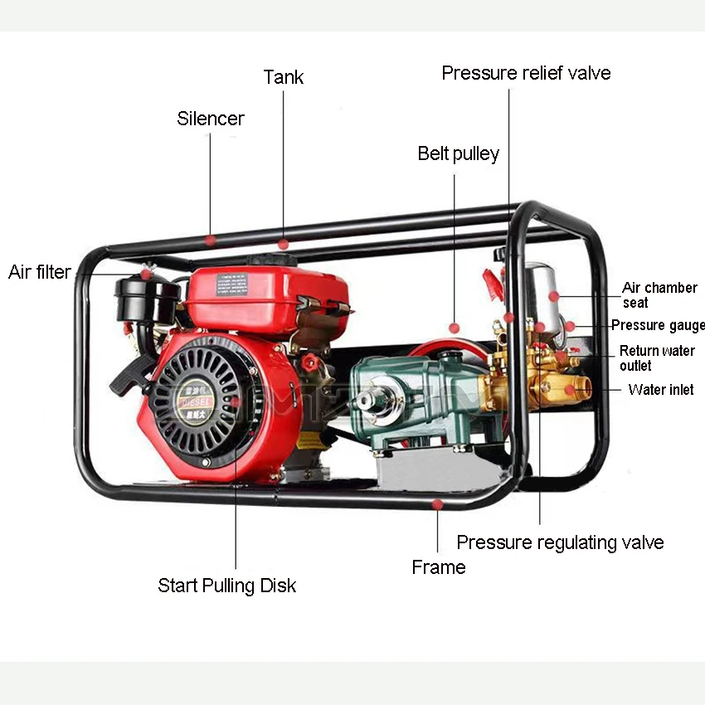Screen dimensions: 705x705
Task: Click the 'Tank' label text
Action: pyautogui.click(x=284, y=77)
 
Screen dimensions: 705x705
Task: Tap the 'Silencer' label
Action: pyautogui.click(x=211, y=119)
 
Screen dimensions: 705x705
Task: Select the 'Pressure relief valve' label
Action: pyautogui.click(x=526, y=73)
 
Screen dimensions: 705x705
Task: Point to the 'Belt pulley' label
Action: pyautogui.click(x=459, y=153)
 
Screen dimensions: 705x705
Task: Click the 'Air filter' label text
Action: pyautogui.click(x=40, y=272)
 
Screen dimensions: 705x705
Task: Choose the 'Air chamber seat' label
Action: pyautogui.click(x=659, y=295)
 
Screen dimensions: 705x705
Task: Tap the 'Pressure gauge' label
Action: pyautogui.click(x=658, y=325)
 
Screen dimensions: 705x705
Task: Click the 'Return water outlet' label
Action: pyautogui.click(x=657, y=358)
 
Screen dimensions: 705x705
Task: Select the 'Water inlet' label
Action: pyautogui.click(x=661, y=389)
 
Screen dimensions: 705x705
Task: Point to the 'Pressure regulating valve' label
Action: pyautogui.click(x=560, y=542)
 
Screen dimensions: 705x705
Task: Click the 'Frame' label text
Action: pyautogui.click(x=439, y=567)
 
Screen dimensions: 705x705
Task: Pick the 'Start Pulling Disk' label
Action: pyautogui.click(x=227, y=586)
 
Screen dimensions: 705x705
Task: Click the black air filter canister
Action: pyautogui.click(x=148, y=299)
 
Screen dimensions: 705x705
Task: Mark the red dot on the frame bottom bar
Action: pyautogui.click(x=438, y=503)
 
